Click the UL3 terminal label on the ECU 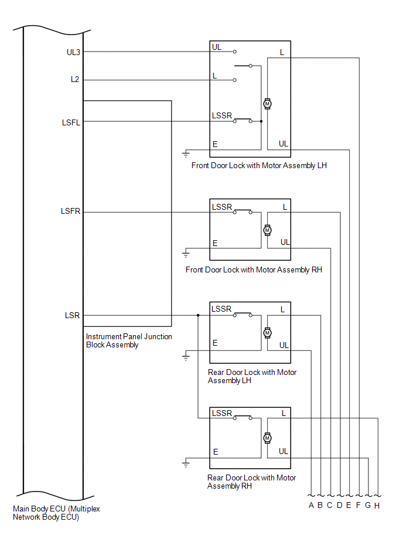coord(73,52)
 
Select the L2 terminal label coord(74,80)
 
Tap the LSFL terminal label coord(71,122)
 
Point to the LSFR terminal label coord(71,211)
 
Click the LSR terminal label coord(73,315)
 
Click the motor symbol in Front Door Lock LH coord(268,104)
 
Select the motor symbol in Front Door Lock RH coord(268,230)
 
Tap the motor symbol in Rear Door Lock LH coord(268,332)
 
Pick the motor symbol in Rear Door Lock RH coord(268,438)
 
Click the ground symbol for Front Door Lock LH coord(186,154)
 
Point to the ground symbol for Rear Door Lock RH coord(186,463)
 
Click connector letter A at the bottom coord(311,506)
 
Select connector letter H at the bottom coord(377,506)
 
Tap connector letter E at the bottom coord(349,506)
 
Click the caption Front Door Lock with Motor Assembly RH coord(254,270)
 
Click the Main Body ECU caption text coord(56,513)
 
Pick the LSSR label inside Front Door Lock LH coord(222,115)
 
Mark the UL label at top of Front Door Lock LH coord(217,46)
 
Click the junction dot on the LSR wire coord(198,315)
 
